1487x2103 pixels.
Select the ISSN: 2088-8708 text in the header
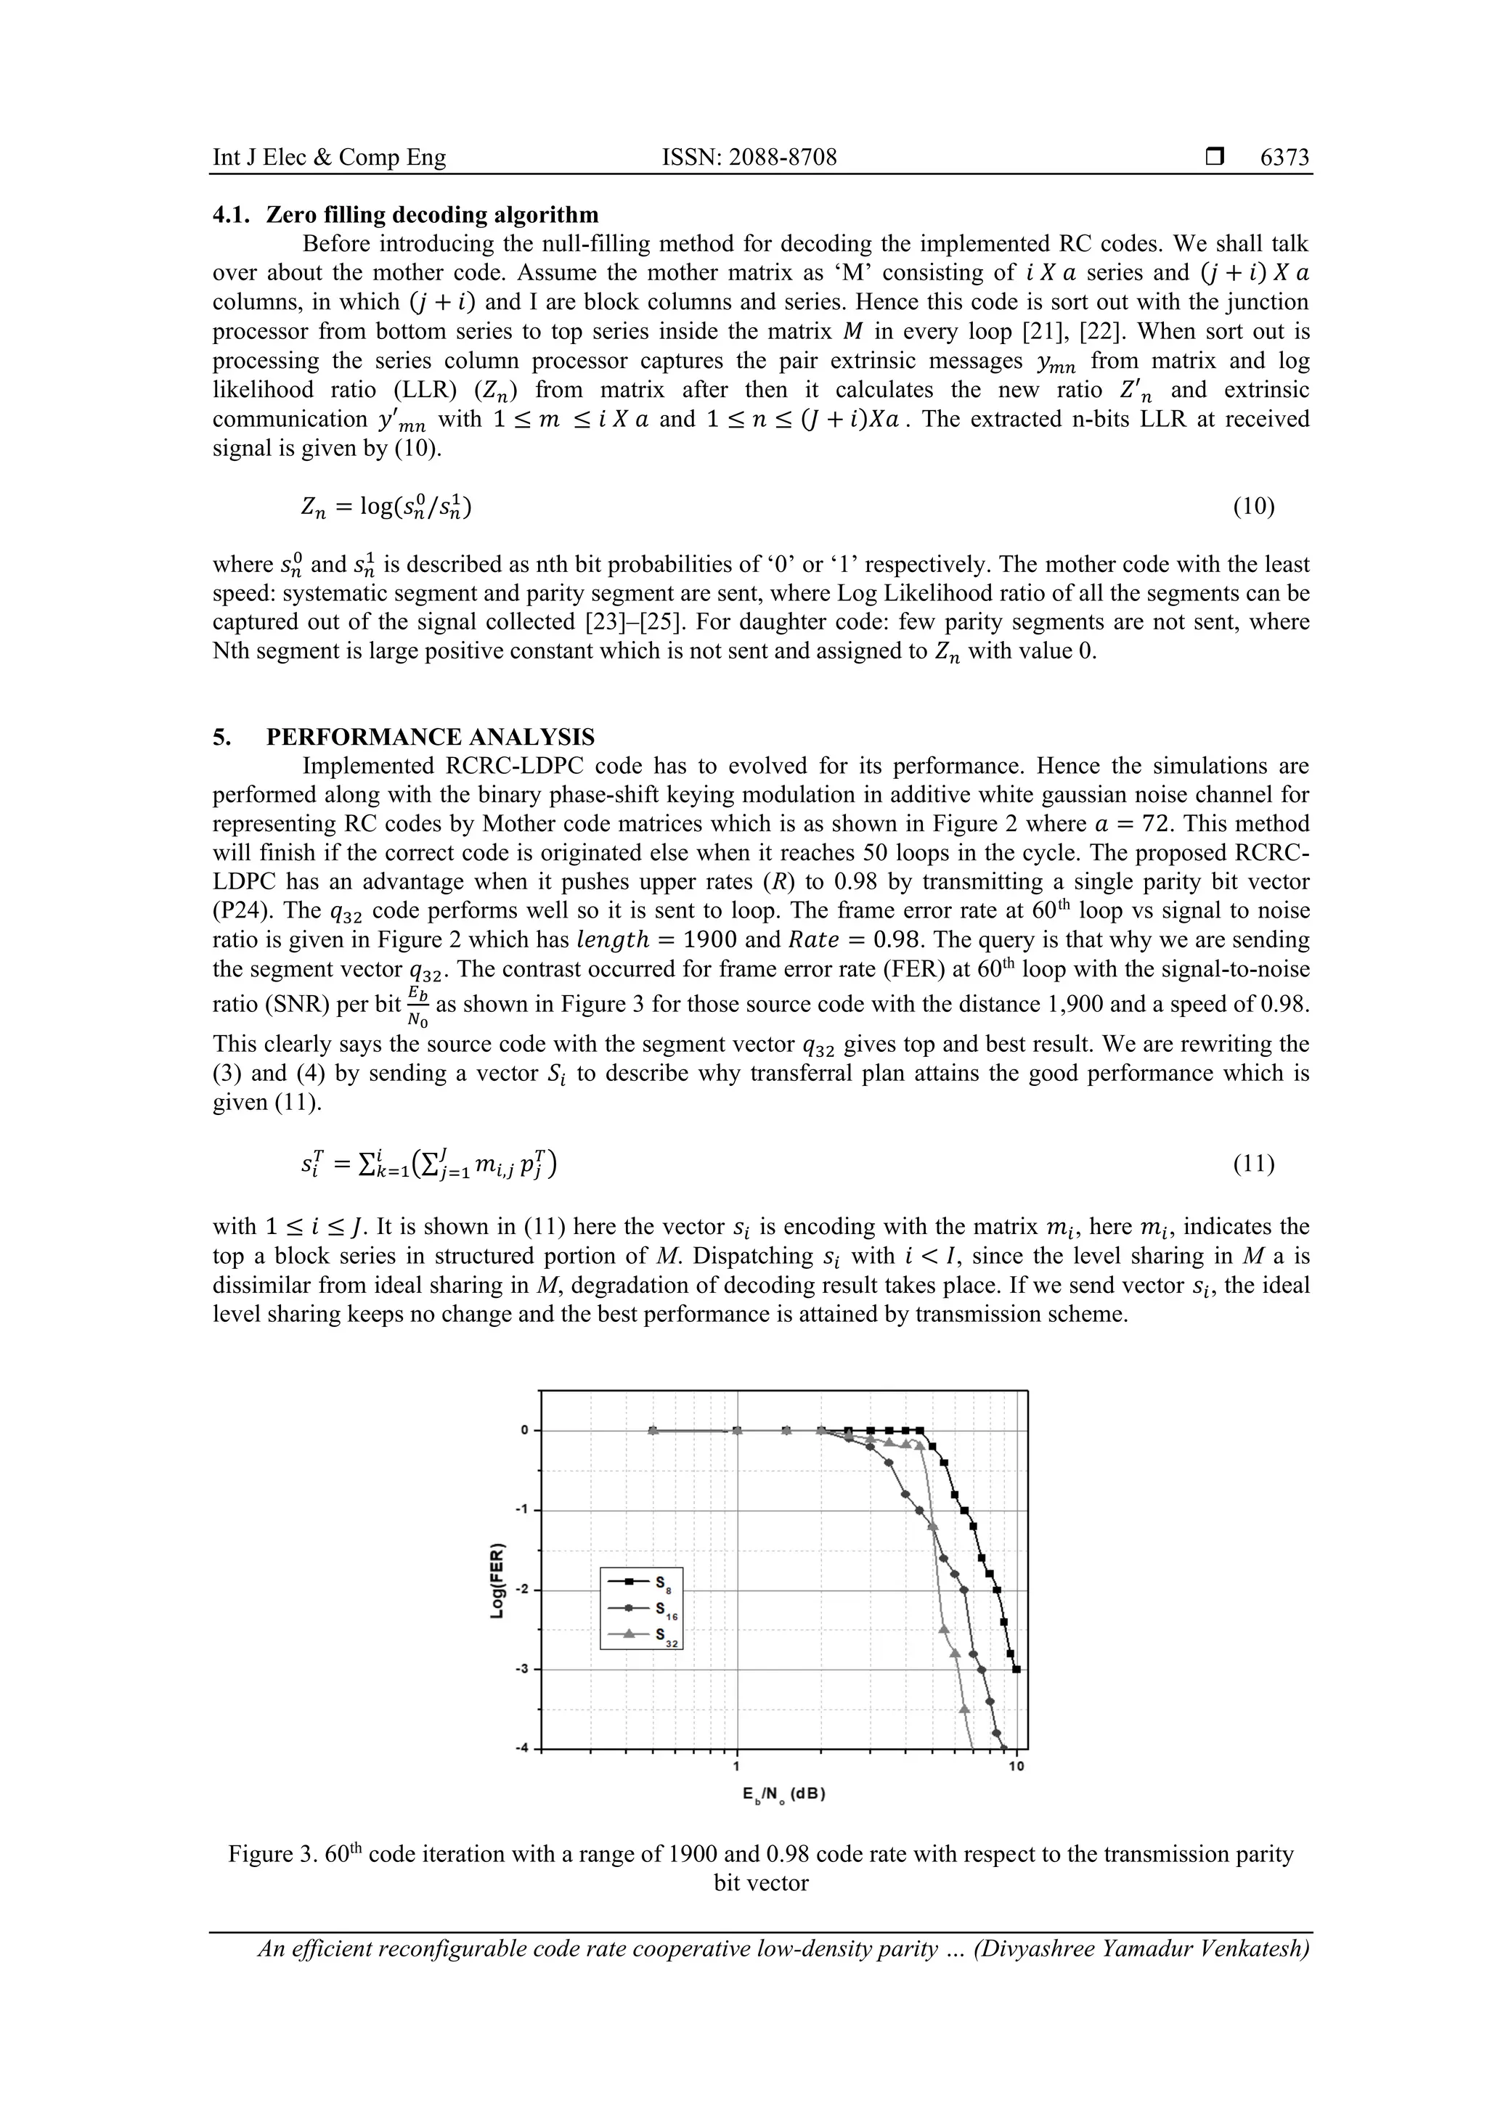tap(749, 158)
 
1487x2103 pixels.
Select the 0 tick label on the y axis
tap(526, 1431)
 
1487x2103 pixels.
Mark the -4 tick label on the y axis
tap(524, 1749)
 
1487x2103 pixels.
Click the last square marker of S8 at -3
tap(1016, 1669)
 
